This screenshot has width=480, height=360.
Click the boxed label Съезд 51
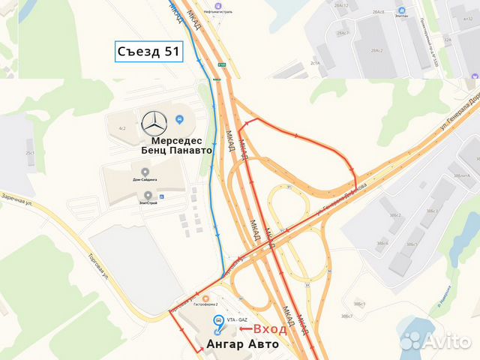[x=148, y=52]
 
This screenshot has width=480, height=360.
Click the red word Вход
[x=269, y=328]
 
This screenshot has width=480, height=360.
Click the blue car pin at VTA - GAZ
[x=218, y=320]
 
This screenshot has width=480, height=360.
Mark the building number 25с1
[x=31, y=153]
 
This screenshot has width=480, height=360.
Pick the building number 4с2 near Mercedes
[x=121, y=129]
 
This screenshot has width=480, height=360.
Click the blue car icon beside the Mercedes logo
[x=179, y=119]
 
